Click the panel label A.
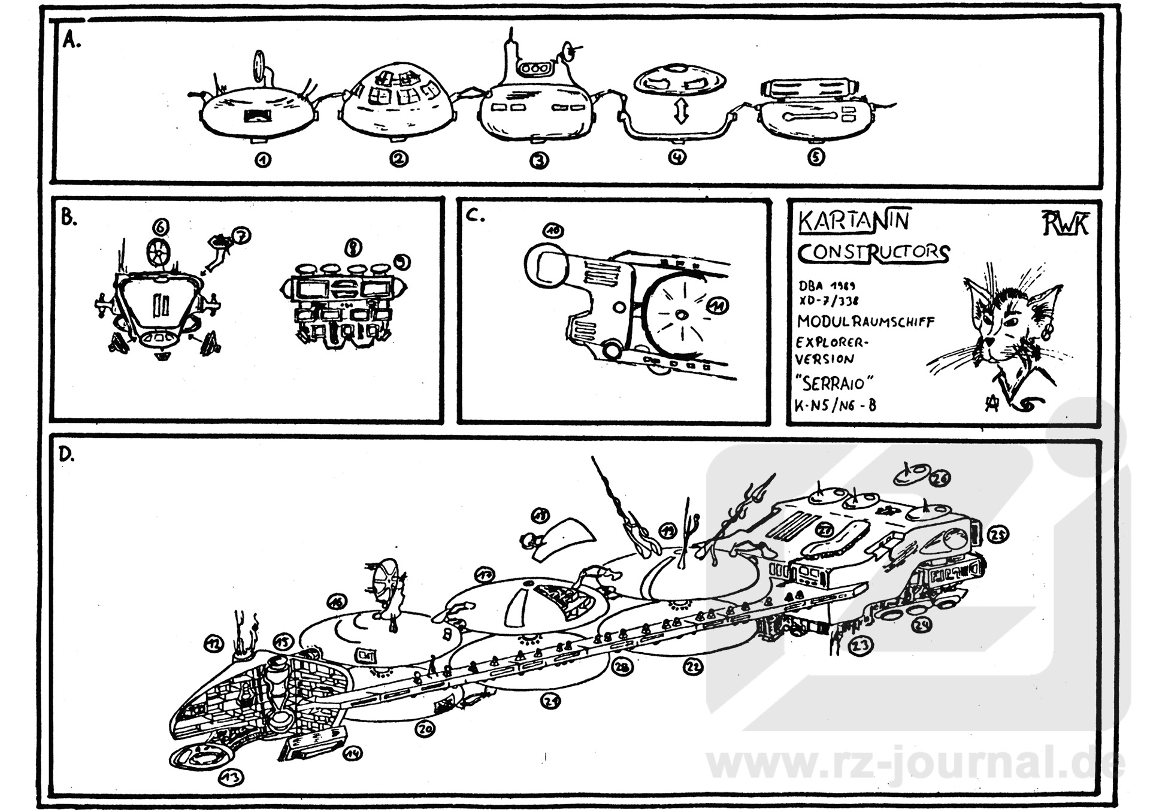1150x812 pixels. point(71,41)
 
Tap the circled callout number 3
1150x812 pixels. point(539,160)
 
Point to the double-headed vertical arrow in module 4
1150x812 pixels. point(679,112)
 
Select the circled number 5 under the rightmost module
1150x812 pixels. point(816,157)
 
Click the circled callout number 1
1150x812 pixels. point(262,159)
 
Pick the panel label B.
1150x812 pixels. point(69,218)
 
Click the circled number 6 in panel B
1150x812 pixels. point(161,227)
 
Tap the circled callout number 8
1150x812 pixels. point(353,247)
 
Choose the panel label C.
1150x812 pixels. point(475,216)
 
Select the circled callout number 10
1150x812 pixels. point(553,231)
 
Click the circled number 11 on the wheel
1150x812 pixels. point(717,306)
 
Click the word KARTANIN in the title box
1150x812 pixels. point(854,220)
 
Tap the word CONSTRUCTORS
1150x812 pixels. point(873,252)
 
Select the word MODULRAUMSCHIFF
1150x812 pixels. point(865,322)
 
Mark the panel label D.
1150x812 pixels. point(66,455)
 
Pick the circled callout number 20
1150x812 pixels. point(425,729)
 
